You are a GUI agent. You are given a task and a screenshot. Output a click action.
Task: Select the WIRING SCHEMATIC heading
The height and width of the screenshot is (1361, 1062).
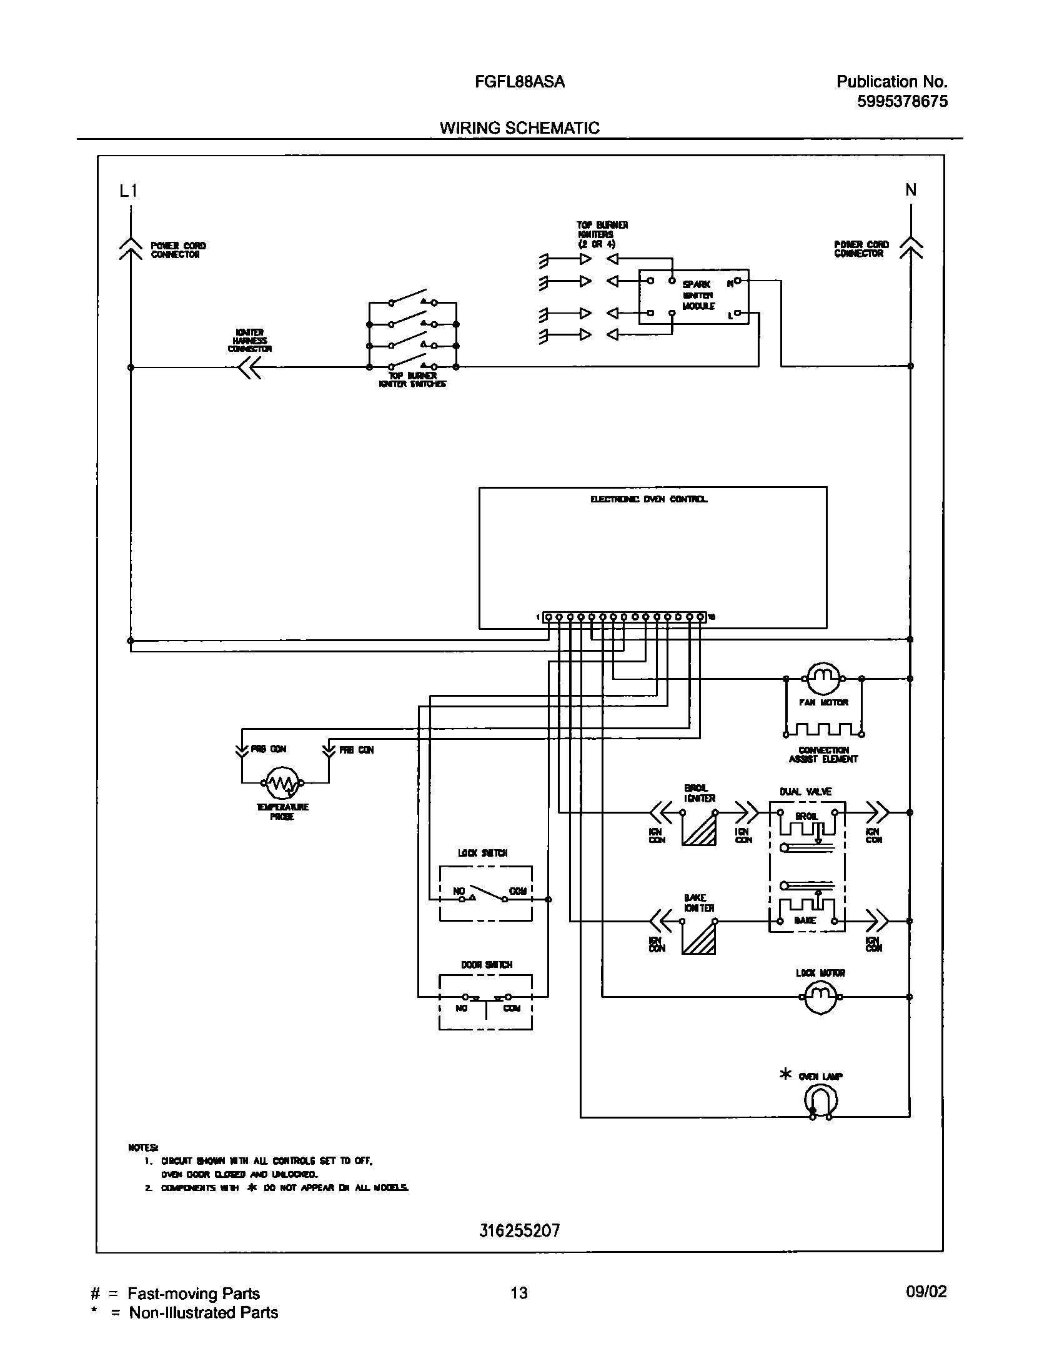click(x=519, y=128)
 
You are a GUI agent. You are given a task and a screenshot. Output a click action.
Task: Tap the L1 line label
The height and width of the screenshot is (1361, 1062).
click(x=128, y=191)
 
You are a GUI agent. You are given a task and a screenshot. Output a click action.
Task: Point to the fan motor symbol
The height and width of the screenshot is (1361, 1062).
click(x=822, y=678)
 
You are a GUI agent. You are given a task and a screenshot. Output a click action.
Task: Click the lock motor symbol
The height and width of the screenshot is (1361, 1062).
click(x=819, y=997)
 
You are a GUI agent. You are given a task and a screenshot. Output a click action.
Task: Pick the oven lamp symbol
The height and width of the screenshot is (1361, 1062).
click(x=821, y=1102)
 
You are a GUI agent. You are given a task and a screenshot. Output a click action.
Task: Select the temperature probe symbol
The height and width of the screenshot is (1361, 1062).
click(x=283, y=782)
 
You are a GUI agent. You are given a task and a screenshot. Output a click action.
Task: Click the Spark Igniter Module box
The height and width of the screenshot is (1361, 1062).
click(x=693, y=297)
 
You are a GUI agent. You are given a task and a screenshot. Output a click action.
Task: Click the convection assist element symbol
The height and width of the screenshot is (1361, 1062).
click(x=823, y=729)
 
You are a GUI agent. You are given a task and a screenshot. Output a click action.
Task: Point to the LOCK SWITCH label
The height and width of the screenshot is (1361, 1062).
click(x=482, y=853)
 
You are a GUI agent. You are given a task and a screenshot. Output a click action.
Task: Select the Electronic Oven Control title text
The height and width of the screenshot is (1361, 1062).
click(x=648, y=499)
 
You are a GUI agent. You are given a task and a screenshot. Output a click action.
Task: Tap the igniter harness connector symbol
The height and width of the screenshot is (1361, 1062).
click(x=249, y=368)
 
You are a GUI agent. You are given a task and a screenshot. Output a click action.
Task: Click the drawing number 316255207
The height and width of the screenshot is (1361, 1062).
click(x=520, y=1230)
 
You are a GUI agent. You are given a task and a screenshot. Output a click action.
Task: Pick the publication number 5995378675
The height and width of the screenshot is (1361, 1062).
click(x=902, y=101)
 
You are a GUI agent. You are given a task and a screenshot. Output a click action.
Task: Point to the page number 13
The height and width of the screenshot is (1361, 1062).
click(x=519, y=1293)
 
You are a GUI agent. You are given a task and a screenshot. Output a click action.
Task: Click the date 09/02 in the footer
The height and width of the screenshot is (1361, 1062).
click(x=926, y=1292)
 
